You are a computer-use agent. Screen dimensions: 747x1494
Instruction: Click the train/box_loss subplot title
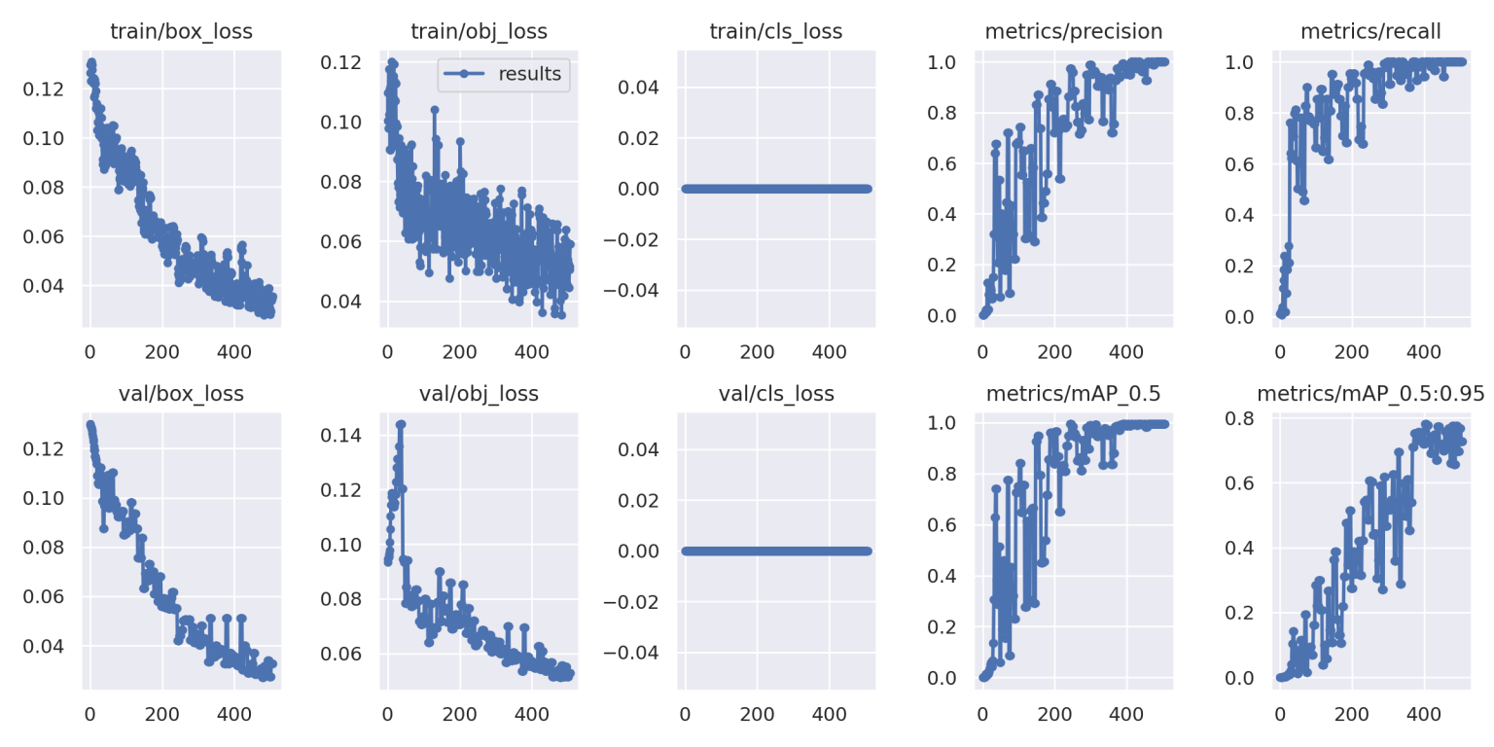(181, 31)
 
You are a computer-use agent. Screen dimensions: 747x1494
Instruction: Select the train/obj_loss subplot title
(480, 31)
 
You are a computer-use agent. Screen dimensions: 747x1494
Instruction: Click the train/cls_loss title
(775, 31)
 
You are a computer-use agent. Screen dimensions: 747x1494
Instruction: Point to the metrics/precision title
(1073, 31)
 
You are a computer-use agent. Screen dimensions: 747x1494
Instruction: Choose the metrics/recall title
(1371, 31)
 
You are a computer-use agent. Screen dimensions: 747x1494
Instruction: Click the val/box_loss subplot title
(181, 394)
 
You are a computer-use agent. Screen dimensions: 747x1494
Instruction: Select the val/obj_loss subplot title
(480, 394)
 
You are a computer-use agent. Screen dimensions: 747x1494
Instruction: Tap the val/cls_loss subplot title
(775, 394)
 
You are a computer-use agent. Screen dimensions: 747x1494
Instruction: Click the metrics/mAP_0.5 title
(1073, 394)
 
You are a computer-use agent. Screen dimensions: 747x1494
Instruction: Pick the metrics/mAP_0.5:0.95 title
(1371, 394)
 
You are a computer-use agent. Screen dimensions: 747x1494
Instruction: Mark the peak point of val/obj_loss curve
(401, 424)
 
